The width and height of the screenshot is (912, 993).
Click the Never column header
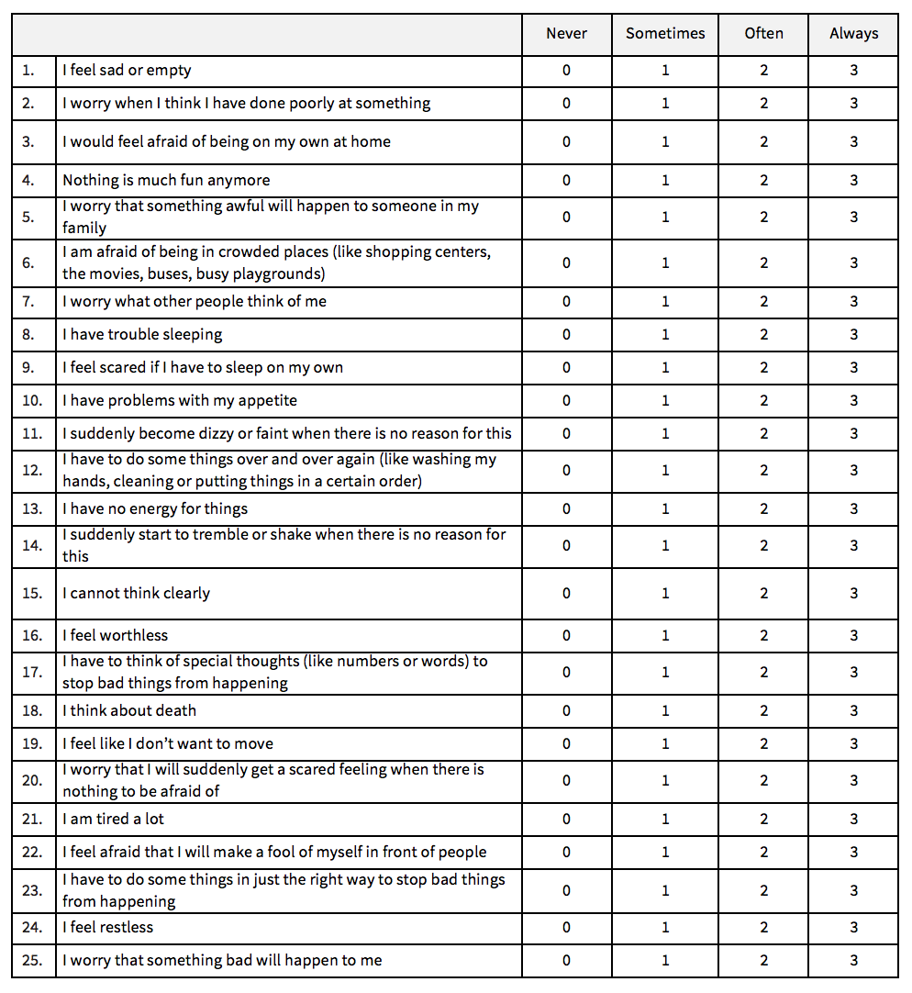(x=566, y=34)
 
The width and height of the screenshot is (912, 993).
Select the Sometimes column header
(x=665, y=34)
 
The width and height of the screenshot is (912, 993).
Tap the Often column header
(x=763, y=34)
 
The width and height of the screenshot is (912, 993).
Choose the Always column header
(x=853, y=34)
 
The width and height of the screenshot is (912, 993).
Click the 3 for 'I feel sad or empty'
(x=853, y=71)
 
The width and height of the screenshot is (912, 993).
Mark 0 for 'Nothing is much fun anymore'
(x=566, y=181)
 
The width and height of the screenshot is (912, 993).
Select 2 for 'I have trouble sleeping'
(x=763, y=335)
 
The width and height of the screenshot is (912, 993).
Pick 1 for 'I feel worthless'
(x=665, y=636)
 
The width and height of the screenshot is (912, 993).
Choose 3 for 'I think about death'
(x=853, y=711)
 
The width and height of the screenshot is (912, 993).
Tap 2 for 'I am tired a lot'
(x=763, y=820)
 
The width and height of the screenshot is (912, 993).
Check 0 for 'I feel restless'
(x=566, y=928)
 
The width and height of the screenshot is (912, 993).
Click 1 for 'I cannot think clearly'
(x=665, y=594)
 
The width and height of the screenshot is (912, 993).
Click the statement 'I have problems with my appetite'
(x=180, y=401)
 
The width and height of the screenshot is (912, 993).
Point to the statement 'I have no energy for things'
(x=155, y=509)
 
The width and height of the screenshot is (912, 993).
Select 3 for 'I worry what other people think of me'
(x=853, y=302)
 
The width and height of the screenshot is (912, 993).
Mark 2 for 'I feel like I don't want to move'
(x=763, y=744)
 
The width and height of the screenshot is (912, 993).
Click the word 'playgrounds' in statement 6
(x=282, y=274)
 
